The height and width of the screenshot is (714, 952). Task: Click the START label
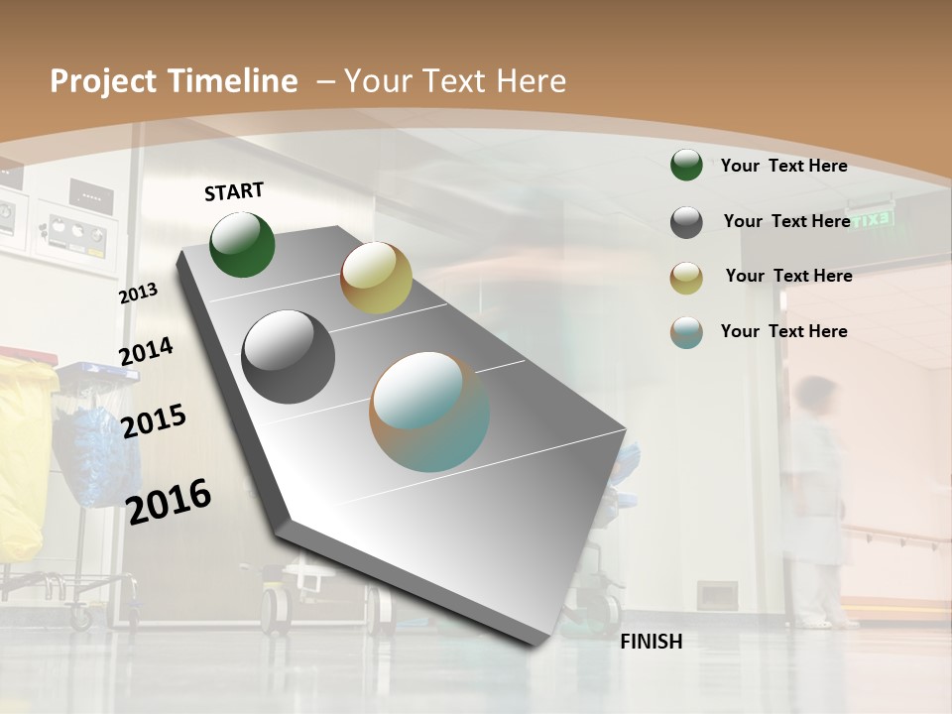coord(234,191)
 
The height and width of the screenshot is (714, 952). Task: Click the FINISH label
coord(651,642)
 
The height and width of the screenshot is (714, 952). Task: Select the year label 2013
coord(139,294)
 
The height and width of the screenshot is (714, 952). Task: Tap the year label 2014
coord(146,351)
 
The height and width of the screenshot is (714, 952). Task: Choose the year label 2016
coord(169,501)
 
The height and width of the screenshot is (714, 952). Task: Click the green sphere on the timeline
coord(243,244)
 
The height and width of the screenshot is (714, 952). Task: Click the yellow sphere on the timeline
coord(376,278)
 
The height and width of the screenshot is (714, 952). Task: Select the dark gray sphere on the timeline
coord(289,357)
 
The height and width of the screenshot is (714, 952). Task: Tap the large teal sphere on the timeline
coord(429,412)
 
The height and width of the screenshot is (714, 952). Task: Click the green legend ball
coord(686,165)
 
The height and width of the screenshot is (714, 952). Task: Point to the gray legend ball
coord(686,222)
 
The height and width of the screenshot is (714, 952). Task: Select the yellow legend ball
coord(686,278)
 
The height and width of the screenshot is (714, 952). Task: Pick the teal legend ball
coord(686,332)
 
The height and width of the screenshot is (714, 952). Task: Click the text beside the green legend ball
coord(783,166)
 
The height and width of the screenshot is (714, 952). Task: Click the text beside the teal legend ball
coord(783,331)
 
